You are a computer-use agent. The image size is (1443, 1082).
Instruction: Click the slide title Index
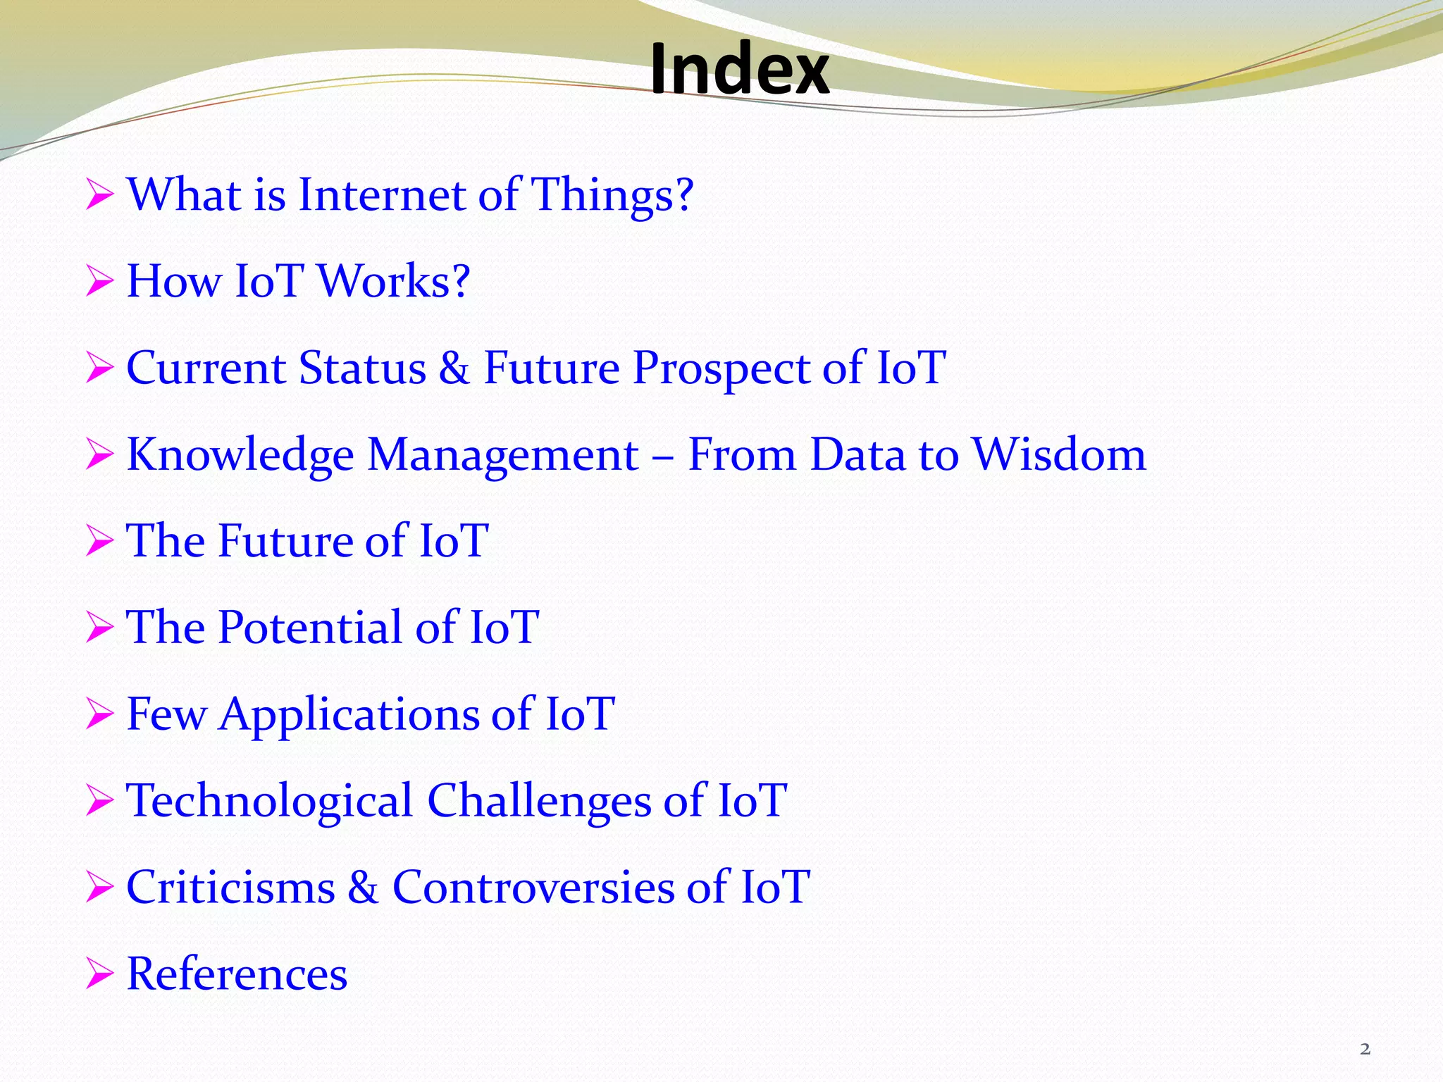click(739, 69)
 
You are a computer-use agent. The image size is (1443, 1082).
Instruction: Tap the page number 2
click(1365, 1049)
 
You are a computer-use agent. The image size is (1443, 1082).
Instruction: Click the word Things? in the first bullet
click(612, 194)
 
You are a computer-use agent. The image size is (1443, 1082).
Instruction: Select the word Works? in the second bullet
click(393, 281)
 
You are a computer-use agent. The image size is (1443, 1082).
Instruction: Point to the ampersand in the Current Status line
click(454, 368)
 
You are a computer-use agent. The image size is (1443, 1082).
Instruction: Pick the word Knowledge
click(240, 455)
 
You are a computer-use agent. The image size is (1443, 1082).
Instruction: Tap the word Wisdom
click(1058, 454)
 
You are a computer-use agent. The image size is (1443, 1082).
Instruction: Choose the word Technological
click(269, 801)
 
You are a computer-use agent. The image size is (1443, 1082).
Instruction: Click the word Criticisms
click(230, 887)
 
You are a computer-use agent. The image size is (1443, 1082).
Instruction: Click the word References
click(237, 974)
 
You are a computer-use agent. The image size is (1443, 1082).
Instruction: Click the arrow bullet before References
click(99, 974)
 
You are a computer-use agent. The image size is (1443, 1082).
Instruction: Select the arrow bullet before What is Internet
click(99, 194)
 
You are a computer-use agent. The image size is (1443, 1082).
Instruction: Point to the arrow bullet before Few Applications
click(99, 714)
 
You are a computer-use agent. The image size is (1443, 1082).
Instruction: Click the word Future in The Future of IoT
click(285, 541)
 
